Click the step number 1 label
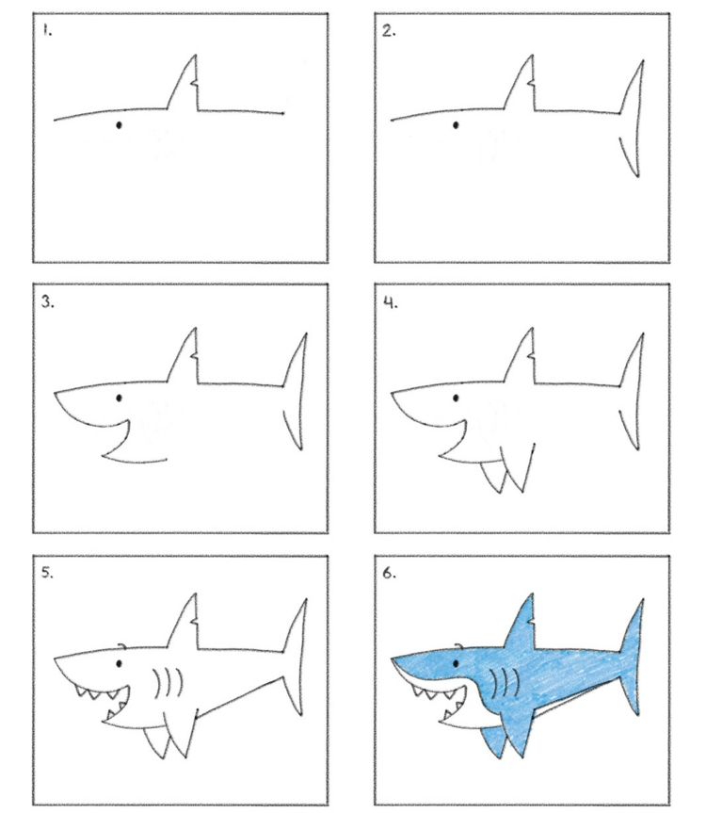coord(48,31)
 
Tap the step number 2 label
coord(389,31)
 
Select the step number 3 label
coord(48,301)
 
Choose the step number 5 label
coord(48,573)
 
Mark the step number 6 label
coord(390,573)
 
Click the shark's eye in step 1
coord(119,125)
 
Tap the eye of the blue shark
coord(456,663)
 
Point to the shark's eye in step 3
coord(120,398)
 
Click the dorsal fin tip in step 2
coord(532,55)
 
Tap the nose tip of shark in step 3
coord(55,394)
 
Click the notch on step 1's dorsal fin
coord(194,82)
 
